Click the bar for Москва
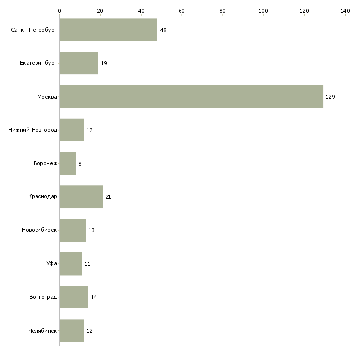tap(191, 97)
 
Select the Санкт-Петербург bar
tap(108, 30)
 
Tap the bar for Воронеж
tap(68, 163)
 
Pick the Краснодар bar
tap(81, 197)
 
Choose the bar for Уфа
tap(71, 264)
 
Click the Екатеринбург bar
tap(79, 63)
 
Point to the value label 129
tap(330, 97)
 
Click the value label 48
tap(163, 30)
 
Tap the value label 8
tap(80, 164)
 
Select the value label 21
tap(108, 197)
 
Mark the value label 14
tap(94, 297)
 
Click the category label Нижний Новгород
tap(33, 130)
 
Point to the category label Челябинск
tap(42, 331)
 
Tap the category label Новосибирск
tap(39, 230)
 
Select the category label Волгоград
tap(43, 297)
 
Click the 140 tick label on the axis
tap(345, 11)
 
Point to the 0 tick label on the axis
tap(60, 11)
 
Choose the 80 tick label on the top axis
tap(222, 11)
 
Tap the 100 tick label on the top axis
tap(263, 11)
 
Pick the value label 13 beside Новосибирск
tap(91, 230)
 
